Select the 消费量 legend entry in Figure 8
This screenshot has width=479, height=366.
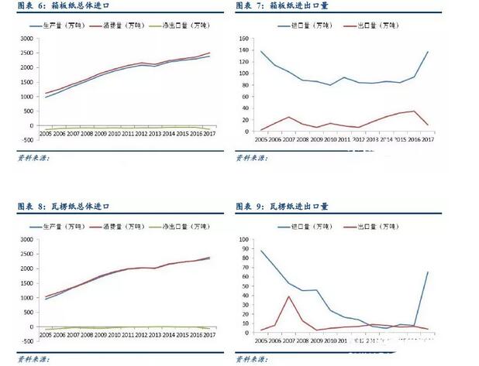point(122,227)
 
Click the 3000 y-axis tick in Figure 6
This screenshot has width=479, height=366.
point(26,38)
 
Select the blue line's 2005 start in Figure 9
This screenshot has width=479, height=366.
point(260,250)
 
